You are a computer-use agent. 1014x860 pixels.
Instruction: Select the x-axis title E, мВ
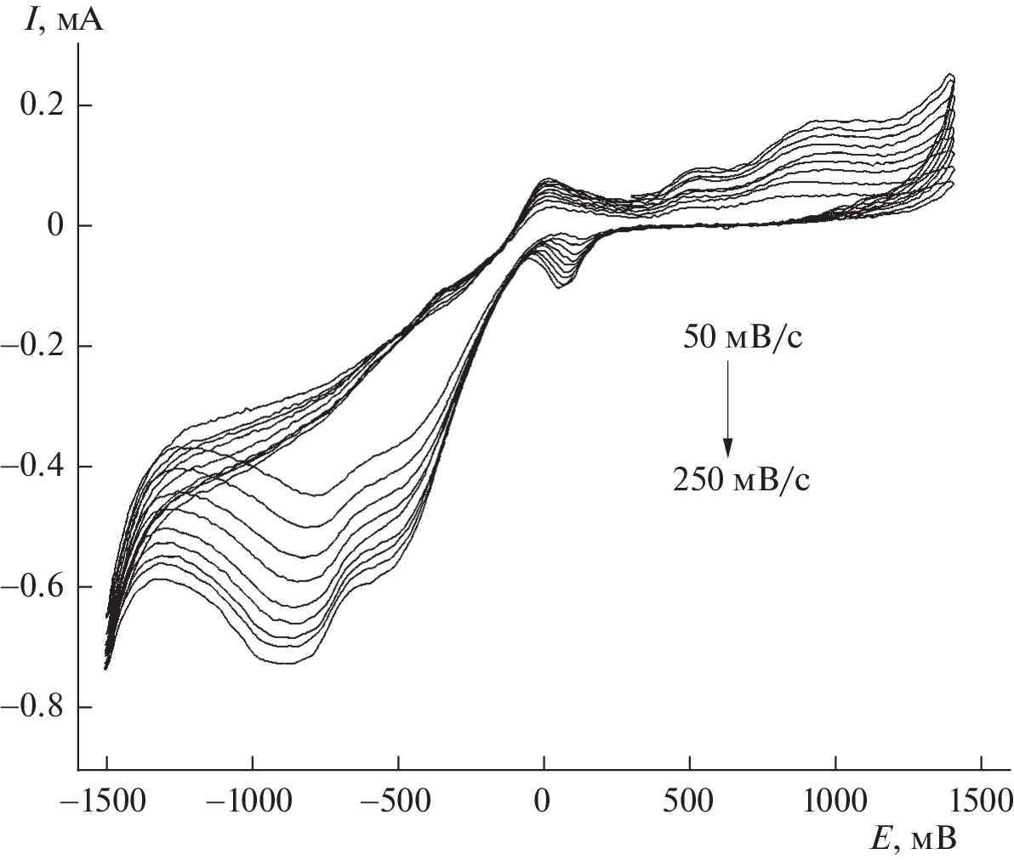914,840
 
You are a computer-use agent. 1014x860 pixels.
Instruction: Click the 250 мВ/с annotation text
741,481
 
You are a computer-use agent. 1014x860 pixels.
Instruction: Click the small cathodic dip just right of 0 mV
561,285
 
